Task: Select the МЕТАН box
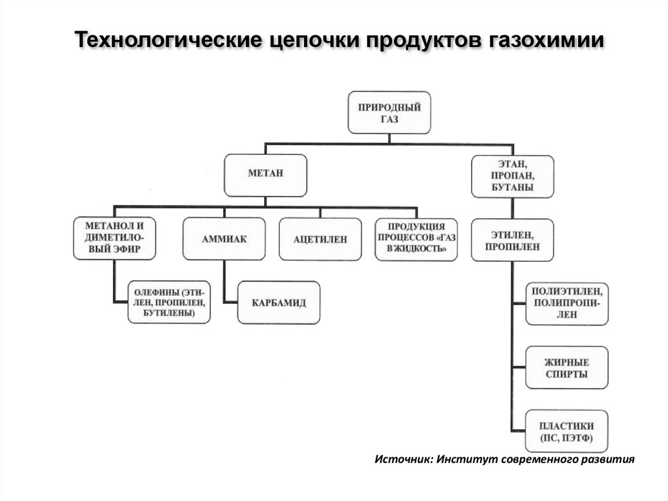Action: point(266,175)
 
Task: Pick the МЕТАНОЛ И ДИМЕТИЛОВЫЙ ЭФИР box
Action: point(114,238)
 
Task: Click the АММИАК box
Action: point(224,239)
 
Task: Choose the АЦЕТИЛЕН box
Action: point(320,240)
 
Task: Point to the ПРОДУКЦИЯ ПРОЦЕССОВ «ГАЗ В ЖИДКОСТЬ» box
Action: point(416,239)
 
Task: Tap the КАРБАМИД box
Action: point(279,302)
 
